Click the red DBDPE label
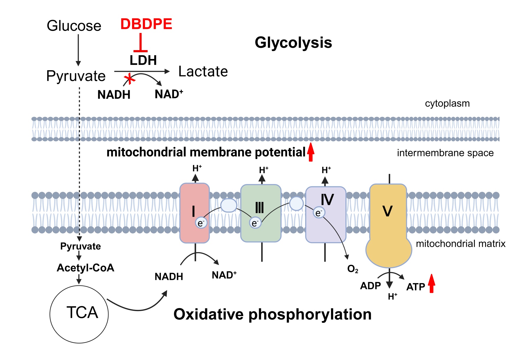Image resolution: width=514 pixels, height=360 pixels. (146, 24)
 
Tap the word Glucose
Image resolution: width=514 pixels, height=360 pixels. (74, 26)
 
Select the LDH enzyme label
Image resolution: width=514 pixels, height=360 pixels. (143, 60)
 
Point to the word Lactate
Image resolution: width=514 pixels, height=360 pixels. (203, 72)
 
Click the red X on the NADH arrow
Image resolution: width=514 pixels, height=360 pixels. (129, 79)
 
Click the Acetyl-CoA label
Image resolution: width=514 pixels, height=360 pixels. (85, 268)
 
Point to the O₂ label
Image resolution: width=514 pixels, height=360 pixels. (353, 269)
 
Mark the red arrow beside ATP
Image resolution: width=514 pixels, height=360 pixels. (431, 283)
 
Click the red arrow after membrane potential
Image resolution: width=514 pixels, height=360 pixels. (311, 152)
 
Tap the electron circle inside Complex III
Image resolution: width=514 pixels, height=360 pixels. (255, 223)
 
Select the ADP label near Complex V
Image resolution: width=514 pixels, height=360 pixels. (370, 286)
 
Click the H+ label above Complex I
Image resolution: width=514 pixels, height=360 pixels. (197, 168)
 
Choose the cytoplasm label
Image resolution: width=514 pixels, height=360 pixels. (447, 103)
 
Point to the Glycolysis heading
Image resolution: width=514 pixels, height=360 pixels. (293, 43)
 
